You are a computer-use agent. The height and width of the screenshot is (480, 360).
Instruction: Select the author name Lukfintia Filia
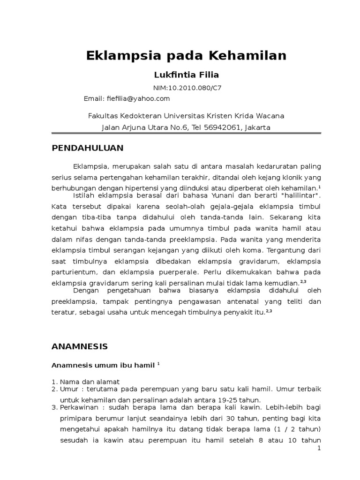click(x=180, y=75)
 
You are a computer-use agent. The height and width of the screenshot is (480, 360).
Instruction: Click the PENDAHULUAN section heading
click(x=87, y=148)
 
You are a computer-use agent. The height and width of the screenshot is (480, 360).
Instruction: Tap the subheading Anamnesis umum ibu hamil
click(x=103, y=365)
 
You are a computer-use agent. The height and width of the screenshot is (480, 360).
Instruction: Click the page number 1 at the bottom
click(x=319, y=449)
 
